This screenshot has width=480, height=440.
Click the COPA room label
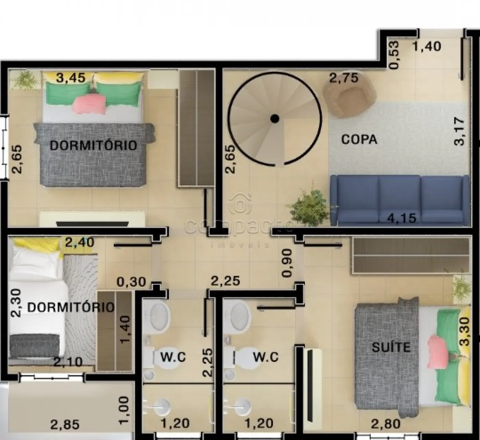coord(359,139)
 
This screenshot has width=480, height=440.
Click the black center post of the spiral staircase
coord(275,118)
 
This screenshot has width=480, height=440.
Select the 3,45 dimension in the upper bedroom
coord(71,78)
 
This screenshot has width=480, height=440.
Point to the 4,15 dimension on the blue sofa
coord(402,218)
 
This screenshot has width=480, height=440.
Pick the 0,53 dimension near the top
coord(394,55)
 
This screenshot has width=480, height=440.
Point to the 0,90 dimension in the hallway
coord(287,263)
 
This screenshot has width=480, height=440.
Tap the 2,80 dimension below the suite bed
coord(386,424)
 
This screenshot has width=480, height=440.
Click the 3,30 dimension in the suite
coord(465,331)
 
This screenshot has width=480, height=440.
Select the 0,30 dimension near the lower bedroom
coord(131,282)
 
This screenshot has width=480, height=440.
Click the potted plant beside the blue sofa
coord(309,205)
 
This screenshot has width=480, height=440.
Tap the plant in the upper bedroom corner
coord(25,79)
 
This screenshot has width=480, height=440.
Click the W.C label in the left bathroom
coord(173,357)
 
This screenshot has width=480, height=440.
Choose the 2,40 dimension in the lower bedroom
coord(80,242)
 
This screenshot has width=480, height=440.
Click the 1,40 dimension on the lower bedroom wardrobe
coord(125,330)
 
